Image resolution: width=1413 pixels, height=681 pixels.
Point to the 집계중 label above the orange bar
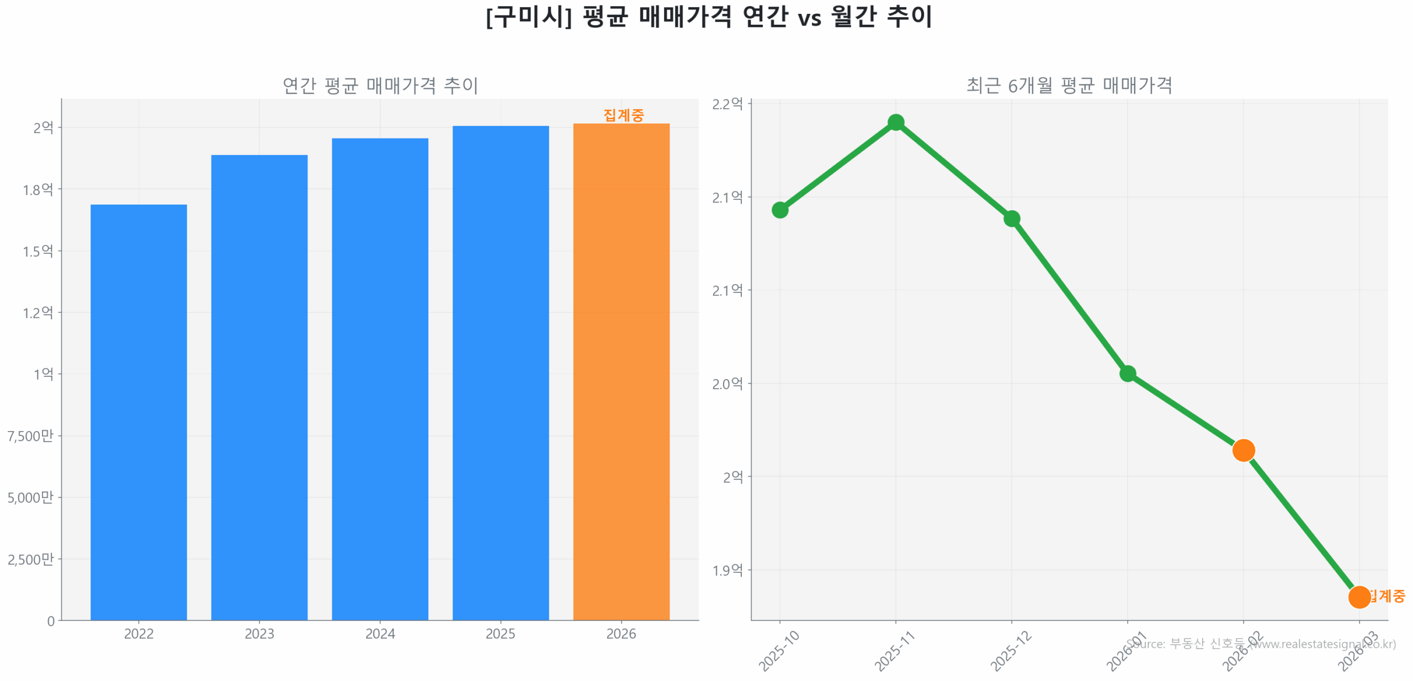(623, 115)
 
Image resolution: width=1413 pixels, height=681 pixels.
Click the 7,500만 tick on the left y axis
(30, 436)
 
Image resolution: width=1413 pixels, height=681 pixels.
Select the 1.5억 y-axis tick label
(38, 251)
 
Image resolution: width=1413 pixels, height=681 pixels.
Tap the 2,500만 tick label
(30, 559)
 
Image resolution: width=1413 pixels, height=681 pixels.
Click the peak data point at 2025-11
(895, 122)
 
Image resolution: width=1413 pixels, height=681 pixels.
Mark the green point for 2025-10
(779, 210)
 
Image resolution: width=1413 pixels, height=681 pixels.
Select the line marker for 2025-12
(1011, 219)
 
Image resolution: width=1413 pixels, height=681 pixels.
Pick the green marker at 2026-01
(1127, 374)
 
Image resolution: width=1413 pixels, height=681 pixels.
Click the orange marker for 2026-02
(1243, 450)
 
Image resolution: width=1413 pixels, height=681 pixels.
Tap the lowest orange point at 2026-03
(1359, 597)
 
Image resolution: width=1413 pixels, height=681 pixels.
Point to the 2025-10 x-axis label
(778, 651)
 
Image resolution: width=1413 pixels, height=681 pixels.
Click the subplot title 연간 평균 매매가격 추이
(380, 86)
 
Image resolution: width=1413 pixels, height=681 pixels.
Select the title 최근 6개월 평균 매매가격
(1069, 86)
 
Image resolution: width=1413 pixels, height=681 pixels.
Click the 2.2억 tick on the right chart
(727, 104)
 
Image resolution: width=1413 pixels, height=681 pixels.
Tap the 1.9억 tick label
(727, 570)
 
